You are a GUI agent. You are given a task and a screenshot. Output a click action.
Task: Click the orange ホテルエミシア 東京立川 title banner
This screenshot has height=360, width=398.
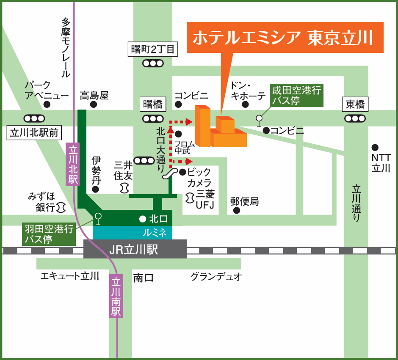pos(285,38)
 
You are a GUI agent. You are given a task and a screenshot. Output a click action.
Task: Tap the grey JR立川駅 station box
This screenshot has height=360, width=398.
pos(135,249)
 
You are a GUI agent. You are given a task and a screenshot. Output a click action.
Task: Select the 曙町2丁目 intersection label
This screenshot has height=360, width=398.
pos(153,49)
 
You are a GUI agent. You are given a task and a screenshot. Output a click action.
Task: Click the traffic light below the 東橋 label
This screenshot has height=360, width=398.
pos(355,118)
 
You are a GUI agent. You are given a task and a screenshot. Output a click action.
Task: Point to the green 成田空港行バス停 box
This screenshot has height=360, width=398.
pos(297,95)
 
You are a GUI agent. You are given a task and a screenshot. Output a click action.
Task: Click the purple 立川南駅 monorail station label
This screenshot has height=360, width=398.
pos(116,296)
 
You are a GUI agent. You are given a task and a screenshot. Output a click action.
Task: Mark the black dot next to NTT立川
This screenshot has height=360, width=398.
pos(375,148)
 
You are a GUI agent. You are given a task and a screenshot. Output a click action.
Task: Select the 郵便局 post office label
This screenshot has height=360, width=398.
pos(244,201)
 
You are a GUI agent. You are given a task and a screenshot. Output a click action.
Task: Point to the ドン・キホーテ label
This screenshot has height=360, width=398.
pos(248,91)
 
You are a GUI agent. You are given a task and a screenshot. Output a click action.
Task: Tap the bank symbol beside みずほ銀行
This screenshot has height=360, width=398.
pos(61,207)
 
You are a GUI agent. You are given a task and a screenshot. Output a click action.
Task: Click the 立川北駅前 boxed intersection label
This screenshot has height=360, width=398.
pos(34,133)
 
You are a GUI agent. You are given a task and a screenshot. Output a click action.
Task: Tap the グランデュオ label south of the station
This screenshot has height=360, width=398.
pos(216,277)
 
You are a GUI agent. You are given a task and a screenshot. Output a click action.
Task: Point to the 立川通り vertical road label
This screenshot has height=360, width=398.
pos(357,203)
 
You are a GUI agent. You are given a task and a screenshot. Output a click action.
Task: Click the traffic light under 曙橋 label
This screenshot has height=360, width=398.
pos(153,118)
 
